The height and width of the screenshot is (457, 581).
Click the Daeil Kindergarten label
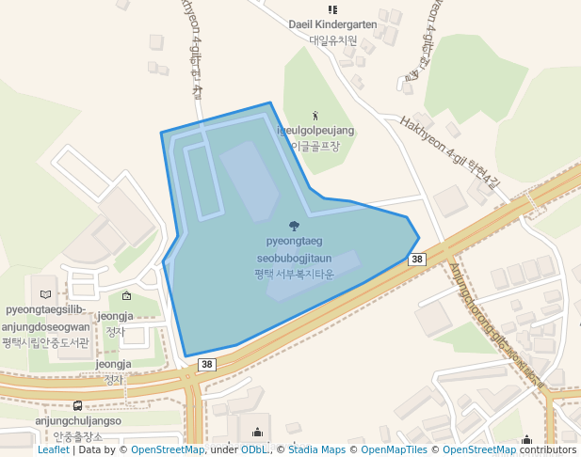(x=332, y=24)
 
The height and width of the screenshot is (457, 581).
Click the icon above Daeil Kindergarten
(x=331, y=9)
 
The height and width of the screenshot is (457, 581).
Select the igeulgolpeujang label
(x=315, y=131)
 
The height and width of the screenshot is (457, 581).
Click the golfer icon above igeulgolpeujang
(x=315, y=116)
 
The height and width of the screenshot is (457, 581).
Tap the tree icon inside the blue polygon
(x=294, y=226)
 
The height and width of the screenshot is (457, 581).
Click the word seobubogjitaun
(x=294, y=258)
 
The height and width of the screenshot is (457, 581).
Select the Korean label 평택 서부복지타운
(x=294, y=274)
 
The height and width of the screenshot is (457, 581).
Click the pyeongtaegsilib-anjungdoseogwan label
(x=46, y=319)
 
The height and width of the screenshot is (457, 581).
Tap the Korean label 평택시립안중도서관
(x=46, y=342)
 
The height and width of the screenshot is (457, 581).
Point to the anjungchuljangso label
(x=78, y=421)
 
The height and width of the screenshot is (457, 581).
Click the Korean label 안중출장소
(x=77, y=437)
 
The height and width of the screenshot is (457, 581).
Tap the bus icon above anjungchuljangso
(x=77, y=406)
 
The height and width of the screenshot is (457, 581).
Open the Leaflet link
(x=53, y=450)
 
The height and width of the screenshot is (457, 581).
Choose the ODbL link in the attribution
(x=254, y=450)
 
